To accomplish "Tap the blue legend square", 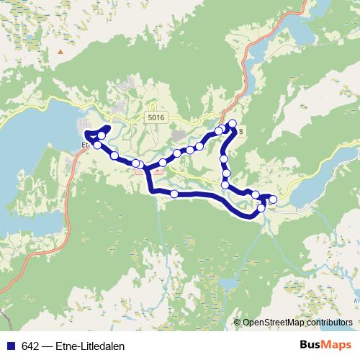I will click(10, 343).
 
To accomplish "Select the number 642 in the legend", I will click(30, 343).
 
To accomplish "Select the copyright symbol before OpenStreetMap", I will click(237, 323).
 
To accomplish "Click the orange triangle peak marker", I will click(60, 51).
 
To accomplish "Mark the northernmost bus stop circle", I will click(232, 123).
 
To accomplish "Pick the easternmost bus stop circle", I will click(272, 199).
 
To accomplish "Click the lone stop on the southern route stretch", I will click(174, 194).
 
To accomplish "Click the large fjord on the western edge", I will click(29, 173).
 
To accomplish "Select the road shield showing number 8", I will click(240, 132).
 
